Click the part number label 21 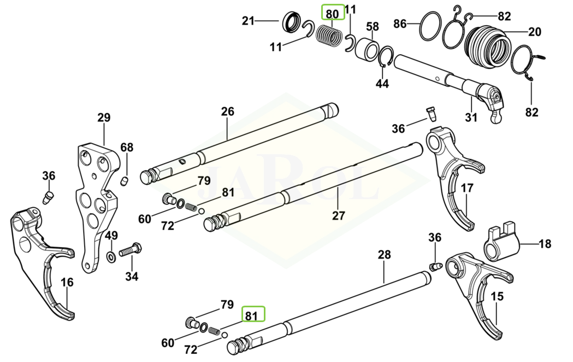coord(249,21)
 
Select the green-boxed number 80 coord(332,13)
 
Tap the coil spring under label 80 coord(329,36)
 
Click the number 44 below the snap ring coord(382,84)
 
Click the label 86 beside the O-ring coord(400,24)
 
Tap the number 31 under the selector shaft coord(471,117)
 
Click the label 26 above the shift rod coord(227,112)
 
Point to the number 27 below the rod coord(339,215)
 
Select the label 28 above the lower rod coord(384,254)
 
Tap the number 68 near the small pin coord(127,148)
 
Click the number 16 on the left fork coord(67,282)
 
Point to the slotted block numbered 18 coord(501,244)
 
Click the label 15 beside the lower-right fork coord(497,297)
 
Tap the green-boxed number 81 coord(251,316)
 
